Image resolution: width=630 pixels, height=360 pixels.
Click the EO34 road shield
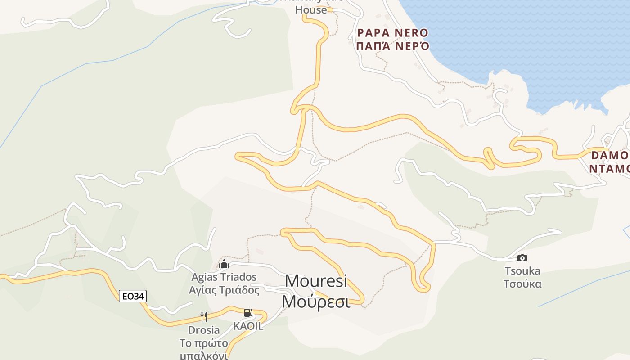click(x=133, y=296)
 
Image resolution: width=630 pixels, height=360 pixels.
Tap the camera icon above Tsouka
click(x=522, y=258)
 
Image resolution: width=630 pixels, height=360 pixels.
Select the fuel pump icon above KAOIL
click(x=247, y=313)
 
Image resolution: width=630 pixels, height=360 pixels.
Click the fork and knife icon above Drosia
click(x=204, y=317)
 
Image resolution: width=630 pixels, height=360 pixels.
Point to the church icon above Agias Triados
click(x=224, y=263)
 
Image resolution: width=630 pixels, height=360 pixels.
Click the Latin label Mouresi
click(x=316, y=281)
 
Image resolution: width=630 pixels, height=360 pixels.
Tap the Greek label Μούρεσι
click(x=316, y=301)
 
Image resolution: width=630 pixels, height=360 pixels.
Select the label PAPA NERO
click(x=392, y=33)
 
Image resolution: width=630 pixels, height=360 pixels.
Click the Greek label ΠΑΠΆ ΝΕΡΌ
click(x=392, y=46)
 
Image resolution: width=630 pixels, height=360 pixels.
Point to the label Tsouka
click(x=522, y=271)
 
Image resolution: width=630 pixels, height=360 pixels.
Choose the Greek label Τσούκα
click(x=522, y=284)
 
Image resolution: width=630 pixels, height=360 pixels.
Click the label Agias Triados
click(x=224, y=277)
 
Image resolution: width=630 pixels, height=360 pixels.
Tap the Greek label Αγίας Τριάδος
click(x=224, y=290)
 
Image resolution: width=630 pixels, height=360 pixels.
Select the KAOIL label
click(x=248, y=326)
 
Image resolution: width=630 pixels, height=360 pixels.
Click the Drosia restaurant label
click(x=204, y=330)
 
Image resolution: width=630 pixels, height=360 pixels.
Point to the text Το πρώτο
click(x=204, y=343)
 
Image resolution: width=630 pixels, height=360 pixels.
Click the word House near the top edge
click(x=311, y=10)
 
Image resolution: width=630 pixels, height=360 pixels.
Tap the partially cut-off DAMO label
click(x=610, y=156)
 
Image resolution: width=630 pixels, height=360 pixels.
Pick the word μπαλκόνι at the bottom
click(x=204, y=355)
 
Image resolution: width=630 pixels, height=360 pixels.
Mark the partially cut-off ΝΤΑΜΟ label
click(x=610, y=169)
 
